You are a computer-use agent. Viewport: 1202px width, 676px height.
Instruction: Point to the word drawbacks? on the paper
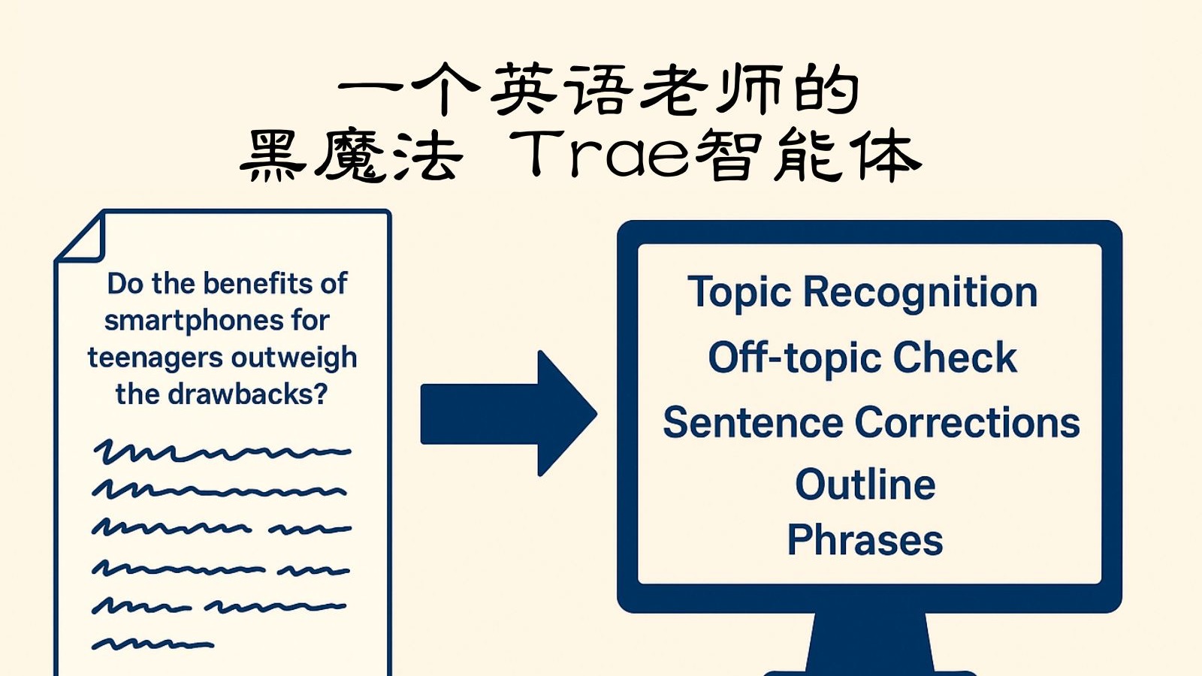tap(246, 394)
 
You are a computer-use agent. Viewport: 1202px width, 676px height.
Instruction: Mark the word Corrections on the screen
tap(967, 422)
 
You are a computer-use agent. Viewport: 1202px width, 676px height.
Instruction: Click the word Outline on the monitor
tap(865, 484)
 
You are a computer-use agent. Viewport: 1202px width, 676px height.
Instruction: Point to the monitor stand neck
tap(869, 642)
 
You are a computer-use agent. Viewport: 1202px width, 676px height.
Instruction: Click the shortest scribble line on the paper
tap(153, 644)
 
